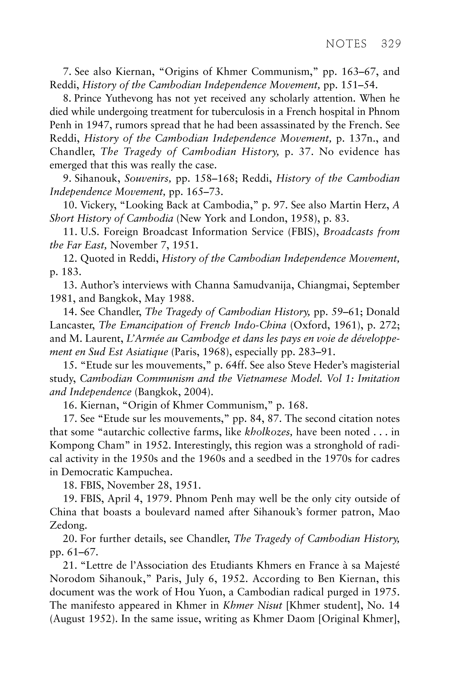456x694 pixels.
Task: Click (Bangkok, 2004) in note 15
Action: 174,392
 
